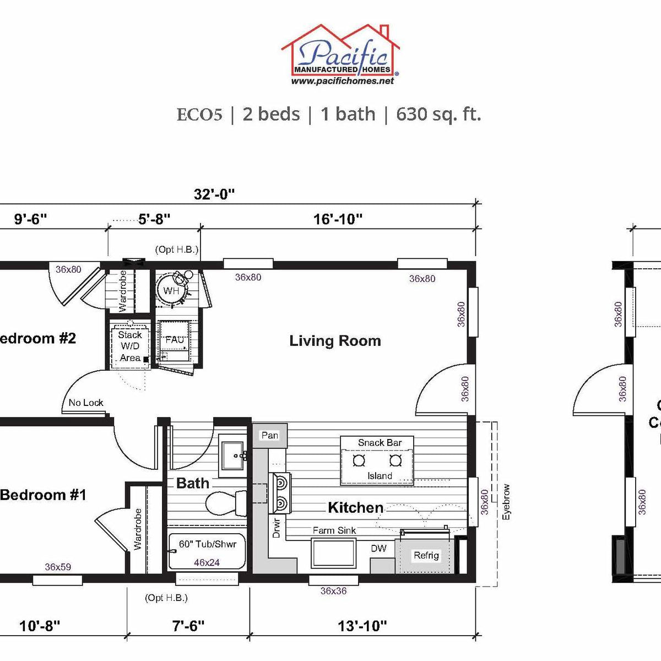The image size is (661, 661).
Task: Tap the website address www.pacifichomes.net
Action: click(x=342, y=81)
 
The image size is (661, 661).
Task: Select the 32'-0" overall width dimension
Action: click(x=214, y=194)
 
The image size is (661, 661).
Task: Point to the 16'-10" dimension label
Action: click(x=338, y=219)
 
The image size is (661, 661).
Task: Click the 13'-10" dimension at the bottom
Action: click(x=362, y=626)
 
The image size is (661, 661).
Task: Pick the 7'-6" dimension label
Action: click(x=188, y=626)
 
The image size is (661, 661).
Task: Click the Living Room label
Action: click(x=335, y=341)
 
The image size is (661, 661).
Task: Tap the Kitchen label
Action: click(x=355, y=507)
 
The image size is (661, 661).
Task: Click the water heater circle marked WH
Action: click(x=171, y=290)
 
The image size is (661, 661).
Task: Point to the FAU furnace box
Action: click(x=175, y=340)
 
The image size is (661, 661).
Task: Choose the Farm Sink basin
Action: click(x=333, y=553)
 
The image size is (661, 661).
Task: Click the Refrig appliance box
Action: click(x=426, y=555)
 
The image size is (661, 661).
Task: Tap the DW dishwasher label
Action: click(x=378, y=548)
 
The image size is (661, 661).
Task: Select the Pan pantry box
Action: click(x=269, y=435)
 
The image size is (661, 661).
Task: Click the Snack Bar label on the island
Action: click(x=380, y=442)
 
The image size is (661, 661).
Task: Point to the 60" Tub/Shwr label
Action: click(x=207, y=544)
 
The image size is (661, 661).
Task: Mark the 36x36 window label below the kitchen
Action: click(x=333, y=590)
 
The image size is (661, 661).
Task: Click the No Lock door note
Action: click(x=86, y=403)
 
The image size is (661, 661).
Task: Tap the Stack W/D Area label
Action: click(x=130, y=346)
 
